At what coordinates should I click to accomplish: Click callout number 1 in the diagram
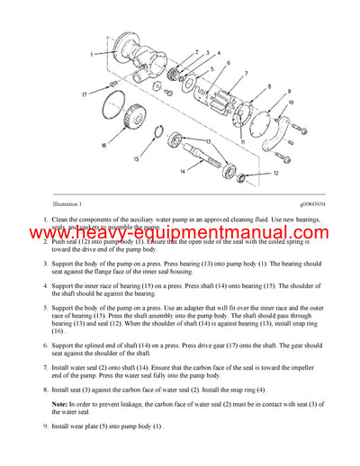coord(92,55)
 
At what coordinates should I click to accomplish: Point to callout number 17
coord(84,94)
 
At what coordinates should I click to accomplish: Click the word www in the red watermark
coord(59,236)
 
